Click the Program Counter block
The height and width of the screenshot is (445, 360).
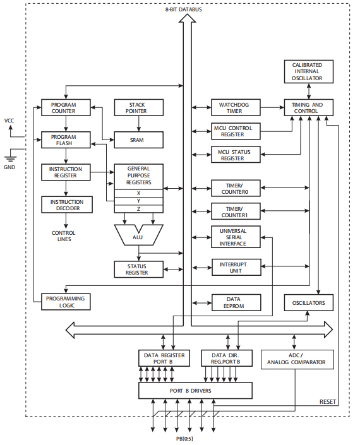[x=66, y=107]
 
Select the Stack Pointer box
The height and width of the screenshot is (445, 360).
[x=138, y=107]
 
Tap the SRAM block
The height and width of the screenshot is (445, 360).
[x=138, y=139]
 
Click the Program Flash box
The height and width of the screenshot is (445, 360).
[x=66, y=139]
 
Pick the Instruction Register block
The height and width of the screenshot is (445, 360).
[x=66, y=172]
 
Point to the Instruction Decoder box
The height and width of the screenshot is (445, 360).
[x=66, y=205]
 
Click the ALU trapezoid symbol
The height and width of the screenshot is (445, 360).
[x=138, y=235]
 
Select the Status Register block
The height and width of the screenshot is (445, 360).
[x=138, y=270]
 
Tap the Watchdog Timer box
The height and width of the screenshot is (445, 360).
[x=235, y=107]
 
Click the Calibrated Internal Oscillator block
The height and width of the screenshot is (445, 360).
[x=308, y=71]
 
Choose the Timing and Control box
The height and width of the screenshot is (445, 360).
[x=308, y=107]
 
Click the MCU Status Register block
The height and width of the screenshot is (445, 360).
[x=235, y=155]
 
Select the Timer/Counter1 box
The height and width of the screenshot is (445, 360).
[x=235, y=211]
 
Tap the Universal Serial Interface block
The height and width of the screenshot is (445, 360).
[x=235, y=237]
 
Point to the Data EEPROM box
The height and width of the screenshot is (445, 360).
[x=235, y=302]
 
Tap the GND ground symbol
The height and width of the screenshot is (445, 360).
[x=10, y=158]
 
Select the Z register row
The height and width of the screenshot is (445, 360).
[x=138, y=208]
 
